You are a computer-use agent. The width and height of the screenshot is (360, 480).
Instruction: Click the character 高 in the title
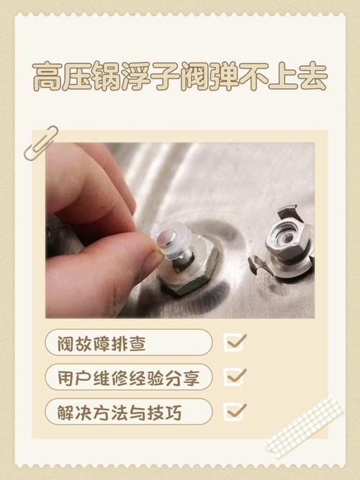[x=47, y=76]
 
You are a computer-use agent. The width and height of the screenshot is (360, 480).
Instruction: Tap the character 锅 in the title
[x=107, y=76]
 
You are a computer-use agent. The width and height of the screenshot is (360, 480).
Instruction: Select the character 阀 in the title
[x=195, y=76]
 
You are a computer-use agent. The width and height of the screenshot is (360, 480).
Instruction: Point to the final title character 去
[x=313, y=76]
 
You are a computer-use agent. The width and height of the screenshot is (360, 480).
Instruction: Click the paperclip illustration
[x=41, y=144]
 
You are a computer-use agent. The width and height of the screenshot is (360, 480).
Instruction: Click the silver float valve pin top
[x=166, y=238]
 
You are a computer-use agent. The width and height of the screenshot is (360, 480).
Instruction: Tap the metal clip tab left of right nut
[x=257, y=264]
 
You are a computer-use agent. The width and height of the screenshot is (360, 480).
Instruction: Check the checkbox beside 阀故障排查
[x=235, y=343]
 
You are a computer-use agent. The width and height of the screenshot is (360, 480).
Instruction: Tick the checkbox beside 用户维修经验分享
[x=235, y=377]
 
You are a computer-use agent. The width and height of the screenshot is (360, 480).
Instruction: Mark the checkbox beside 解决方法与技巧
[x=235, y=412]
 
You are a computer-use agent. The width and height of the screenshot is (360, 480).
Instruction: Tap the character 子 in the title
[x=166, y=76]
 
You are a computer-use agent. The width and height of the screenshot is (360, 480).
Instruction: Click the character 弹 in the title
[x=225, y=76]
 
